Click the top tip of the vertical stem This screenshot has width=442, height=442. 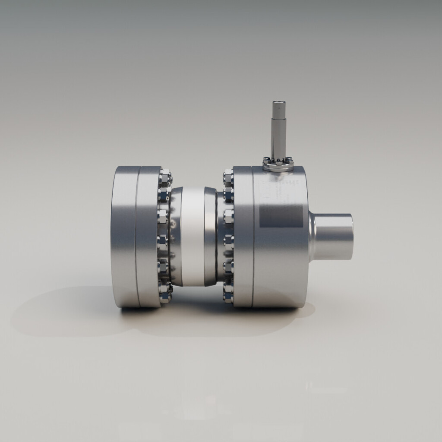tap(278, 103)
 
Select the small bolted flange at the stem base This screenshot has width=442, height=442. tap(278, 163)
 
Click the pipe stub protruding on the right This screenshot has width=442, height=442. tap(335, 237)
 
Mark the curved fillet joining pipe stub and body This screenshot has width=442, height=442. tap(312, 237)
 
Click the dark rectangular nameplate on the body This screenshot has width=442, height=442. tap(281, 216)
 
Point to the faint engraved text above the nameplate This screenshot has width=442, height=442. tap(276, 190)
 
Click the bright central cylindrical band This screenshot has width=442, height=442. tap(193, 237)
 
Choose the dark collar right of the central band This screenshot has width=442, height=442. tap(211, 237)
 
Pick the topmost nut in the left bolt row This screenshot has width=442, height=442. tap(165, 177)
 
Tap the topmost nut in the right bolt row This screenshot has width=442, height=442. tap(228, 176)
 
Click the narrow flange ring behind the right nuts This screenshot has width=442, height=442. tap(242, 237)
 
